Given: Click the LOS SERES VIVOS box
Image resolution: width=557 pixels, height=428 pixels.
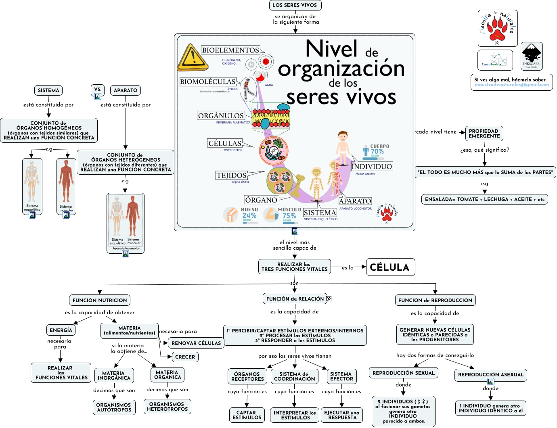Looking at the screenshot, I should pos(295,5).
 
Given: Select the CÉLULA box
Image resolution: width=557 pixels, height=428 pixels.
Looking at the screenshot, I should pos(390,267).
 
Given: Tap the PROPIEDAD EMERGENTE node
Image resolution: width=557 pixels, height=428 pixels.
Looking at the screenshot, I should pos(484,134).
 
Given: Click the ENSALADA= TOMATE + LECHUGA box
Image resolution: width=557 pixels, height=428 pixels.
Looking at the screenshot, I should pos(484,199).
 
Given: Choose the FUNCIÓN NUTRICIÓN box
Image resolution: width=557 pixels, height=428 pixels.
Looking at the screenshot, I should pos(100,300).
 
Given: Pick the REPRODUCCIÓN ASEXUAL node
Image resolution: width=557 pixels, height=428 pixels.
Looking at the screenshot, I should pos(490,374).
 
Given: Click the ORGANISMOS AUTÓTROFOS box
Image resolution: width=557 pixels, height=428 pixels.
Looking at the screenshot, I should pos(114,407).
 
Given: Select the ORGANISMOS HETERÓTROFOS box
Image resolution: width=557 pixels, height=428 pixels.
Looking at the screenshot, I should pos(167,406).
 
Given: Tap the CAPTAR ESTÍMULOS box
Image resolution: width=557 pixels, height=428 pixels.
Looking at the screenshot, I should pos(247,415).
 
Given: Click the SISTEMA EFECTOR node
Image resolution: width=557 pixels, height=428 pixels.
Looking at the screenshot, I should pos(341,376).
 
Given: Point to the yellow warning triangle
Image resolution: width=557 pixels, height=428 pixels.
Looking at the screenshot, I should pos(193,58).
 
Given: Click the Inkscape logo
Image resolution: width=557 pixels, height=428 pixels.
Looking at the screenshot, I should pos(531,56).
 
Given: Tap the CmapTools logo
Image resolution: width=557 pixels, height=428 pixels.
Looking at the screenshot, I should pos(495,60).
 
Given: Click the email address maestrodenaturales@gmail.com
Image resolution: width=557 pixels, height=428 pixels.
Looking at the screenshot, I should pos(512,85).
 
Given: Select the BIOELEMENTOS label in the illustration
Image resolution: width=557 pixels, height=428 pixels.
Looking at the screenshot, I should pos(230,50).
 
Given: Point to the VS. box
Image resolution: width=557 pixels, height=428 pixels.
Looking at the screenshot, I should pos(98,90).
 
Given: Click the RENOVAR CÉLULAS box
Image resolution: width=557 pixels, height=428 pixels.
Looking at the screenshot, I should pos(196,343).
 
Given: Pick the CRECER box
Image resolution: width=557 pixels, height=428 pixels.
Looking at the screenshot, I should pos(185,357).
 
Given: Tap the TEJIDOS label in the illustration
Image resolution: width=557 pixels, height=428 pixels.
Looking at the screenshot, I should pos(231,175).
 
